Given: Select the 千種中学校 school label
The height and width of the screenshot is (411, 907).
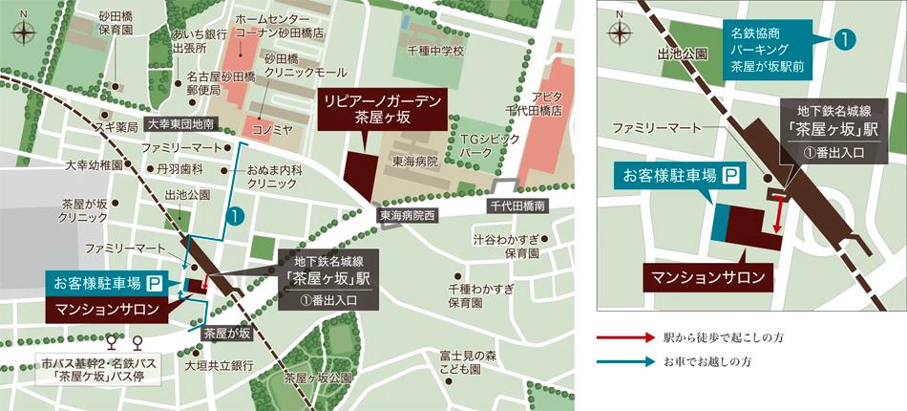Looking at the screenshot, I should tap(434, 51).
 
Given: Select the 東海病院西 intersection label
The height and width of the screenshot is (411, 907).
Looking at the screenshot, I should tap(406, 217).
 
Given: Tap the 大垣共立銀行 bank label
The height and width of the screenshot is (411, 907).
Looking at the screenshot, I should tap(219, 364).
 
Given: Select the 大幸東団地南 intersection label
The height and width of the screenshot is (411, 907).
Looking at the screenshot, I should tap(181, 124).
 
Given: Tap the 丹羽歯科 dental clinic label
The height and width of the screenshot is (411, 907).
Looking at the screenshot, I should tap(177, 168).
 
